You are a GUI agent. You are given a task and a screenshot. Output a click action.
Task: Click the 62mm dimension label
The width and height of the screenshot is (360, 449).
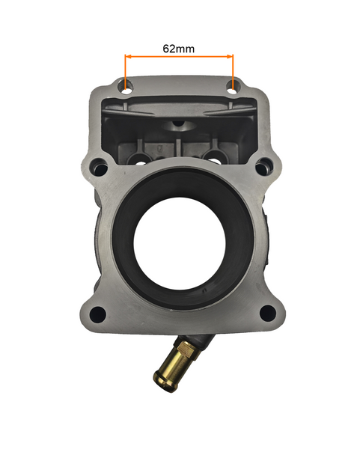(x=179, y=48)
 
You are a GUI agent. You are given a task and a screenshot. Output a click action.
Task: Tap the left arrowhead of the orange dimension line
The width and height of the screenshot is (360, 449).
(x=128, y=57)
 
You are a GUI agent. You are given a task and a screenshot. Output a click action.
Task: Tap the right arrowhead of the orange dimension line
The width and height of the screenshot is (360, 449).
(x=231, y=57)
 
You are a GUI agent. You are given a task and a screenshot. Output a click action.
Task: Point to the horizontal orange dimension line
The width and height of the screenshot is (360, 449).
(x=180, y=57)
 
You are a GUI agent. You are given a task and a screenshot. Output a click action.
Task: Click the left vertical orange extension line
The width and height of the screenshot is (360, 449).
(x=126, y=71)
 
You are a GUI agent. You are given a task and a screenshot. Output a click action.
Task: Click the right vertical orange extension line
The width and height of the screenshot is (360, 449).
(x=234, y=71)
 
